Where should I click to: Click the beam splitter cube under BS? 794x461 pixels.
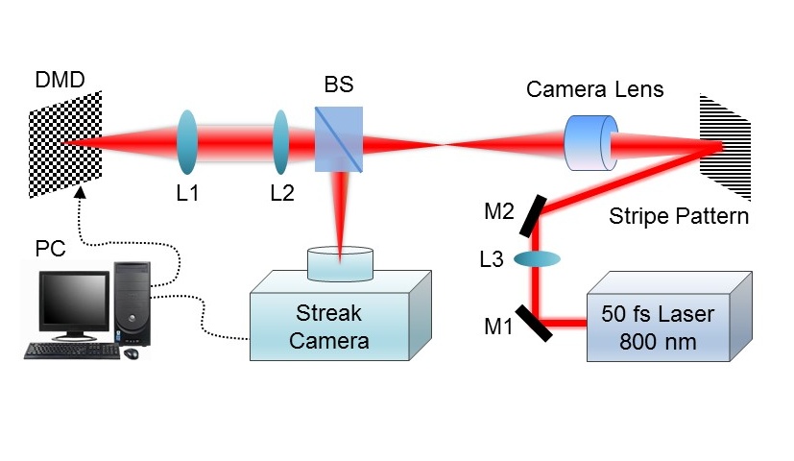coord(338,141)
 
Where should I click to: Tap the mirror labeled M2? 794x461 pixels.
coord(535,217)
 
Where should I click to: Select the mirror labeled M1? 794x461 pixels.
coord(535,323)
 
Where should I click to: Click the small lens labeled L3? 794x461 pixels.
coord(536,259)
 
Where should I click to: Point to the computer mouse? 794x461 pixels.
coord(132,352)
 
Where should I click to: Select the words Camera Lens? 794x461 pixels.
coord(595,89)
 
